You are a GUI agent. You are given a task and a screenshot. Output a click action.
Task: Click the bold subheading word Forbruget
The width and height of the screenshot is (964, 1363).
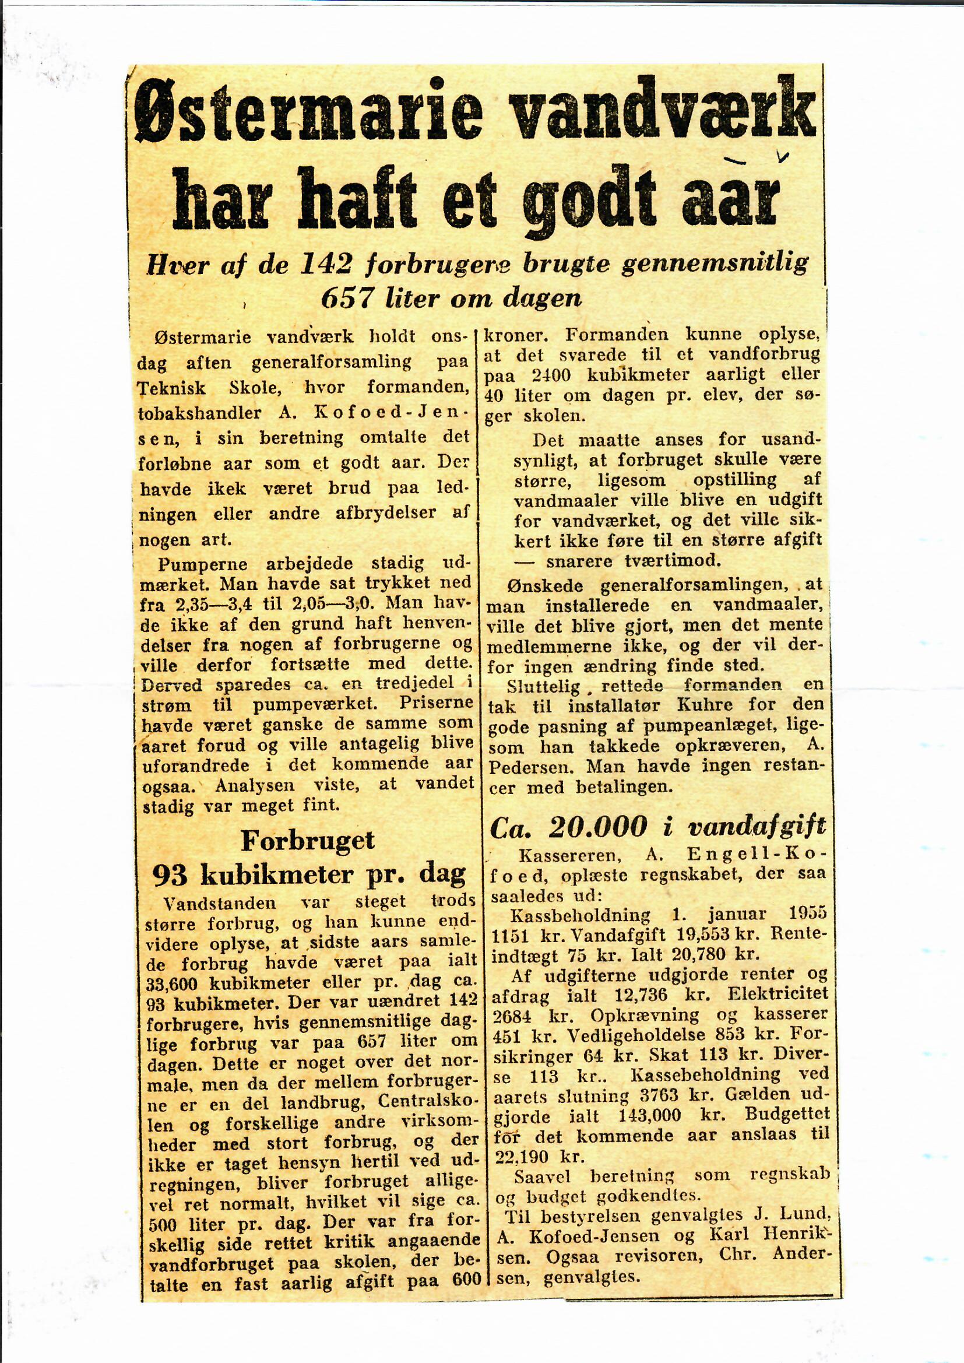click(x=308, y=840)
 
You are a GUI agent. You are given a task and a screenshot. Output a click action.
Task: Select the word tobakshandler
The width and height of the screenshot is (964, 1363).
click(x=199, y=413)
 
